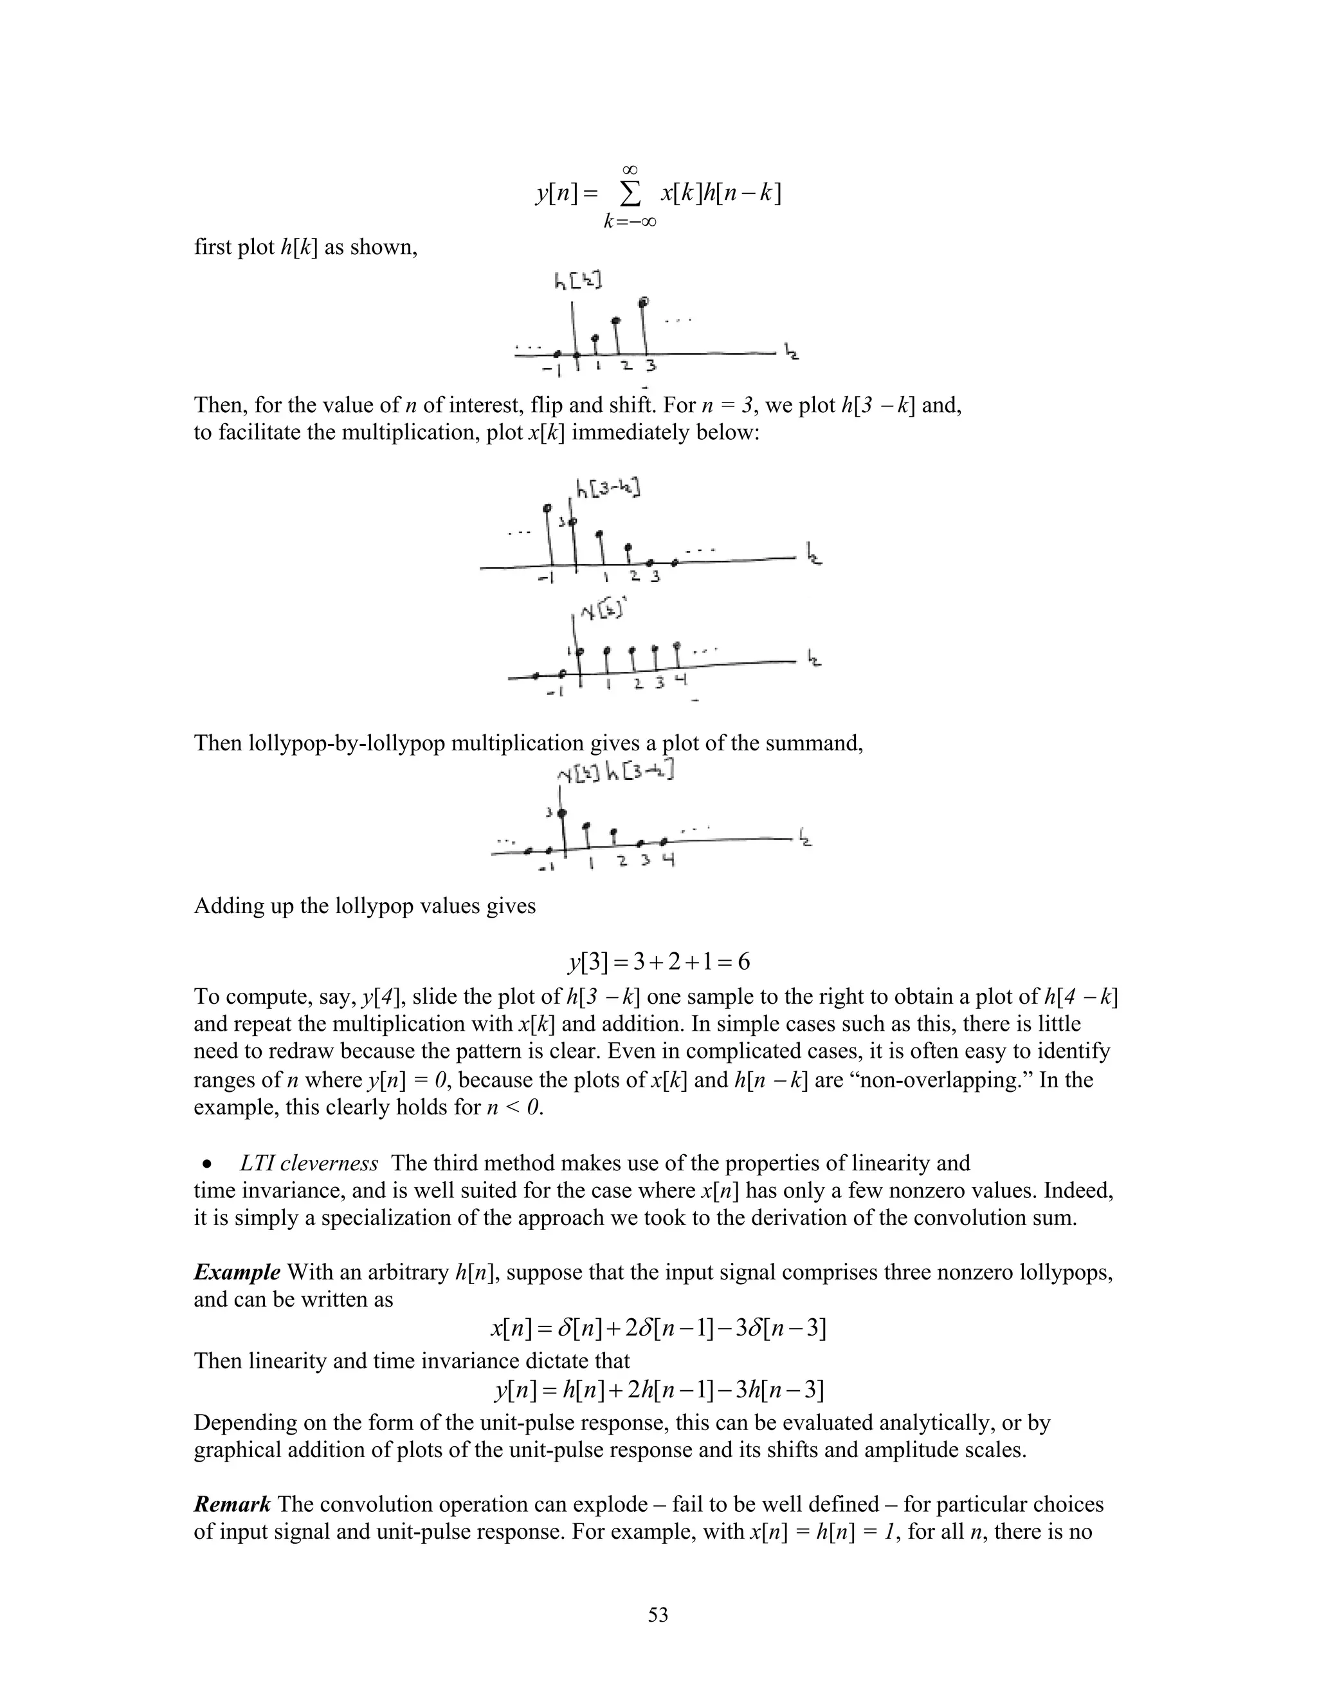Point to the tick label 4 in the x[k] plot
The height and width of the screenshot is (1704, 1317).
[x=680, y=680]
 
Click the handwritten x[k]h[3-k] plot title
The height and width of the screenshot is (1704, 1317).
[x=615, y=772]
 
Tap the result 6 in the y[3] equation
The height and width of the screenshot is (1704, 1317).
[x=743, y=962]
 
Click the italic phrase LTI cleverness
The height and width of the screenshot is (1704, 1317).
[x=309, y=1163]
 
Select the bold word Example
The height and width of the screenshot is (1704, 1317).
[x=237, y=1273]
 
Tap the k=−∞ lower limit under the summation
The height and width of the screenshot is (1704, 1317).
[x=629, y=222]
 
